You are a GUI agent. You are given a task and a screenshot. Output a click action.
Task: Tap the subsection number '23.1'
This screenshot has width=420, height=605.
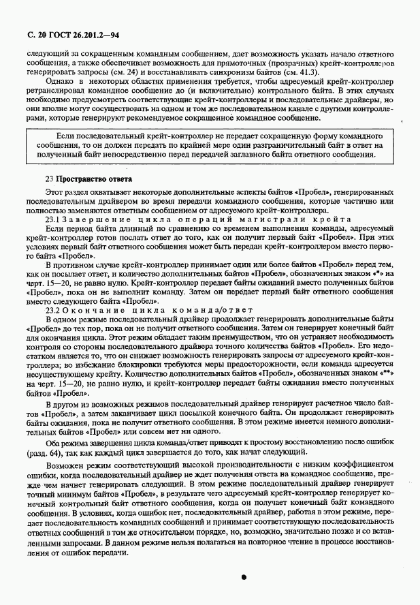click(x=52, y=219)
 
